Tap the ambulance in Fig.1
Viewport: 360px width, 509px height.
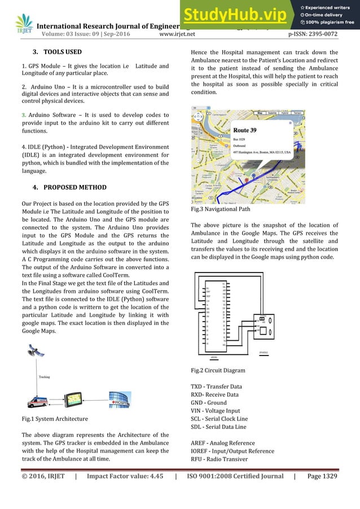[x=38, y=402]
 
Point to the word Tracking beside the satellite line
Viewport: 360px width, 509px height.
[x=45, y=376]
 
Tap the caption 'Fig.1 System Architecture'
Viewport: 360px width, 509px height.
[x=54, y=419]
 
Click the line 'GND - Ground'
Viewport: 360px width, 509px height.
[x=209, y=403]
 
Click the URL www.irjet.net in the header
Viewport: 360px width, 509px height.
[x=178, y=34]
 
